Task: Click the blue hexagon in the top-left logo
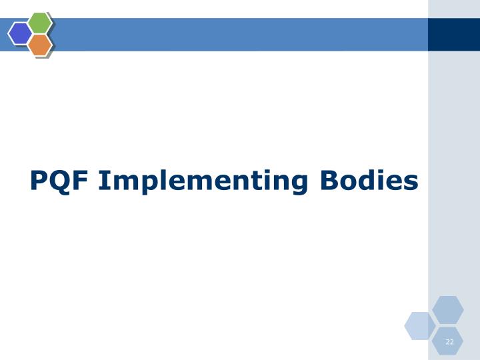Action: pos(20,33)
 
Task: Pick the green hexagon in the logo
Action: pos(40,23)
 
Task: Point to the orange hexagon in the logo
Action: pos(40,45)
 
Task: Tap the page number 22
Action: pos(449,342)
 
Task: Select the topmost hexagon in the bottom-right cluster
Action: pos(448,310)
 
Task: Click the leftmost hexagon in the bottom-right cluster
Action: pos(420,325)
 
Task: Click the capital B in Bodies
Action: pos(329,181)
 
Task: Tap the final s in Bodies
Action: pos(411,183)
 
